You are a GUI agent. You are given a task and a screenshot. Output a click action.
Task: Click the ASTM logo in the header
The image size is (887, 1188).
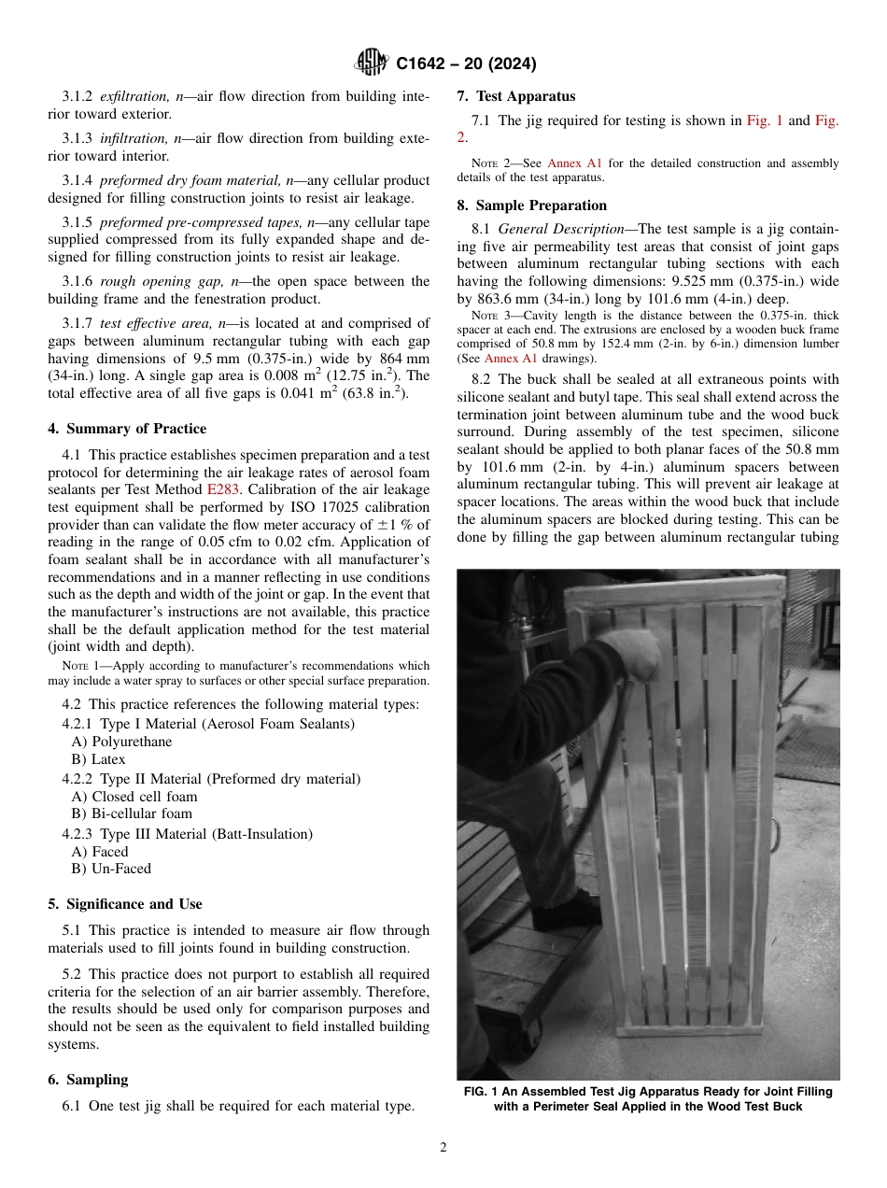(x=372, y=64)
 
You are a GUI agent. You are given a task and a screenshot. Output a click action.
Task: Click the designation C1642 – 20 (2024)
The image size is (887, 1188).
(x=466, y=64)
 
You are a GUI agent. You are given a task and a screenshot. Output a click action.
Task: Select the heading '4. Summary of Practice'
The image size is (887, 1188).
(x=127, y=429)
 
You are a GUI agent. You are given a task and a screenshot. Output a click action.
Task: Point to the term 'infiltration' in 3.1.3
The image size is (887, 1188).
(x=134, y=138)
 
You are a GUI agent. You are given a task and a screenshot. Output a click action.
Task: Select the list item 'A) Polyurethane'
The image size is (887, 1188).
(x=121, y=742)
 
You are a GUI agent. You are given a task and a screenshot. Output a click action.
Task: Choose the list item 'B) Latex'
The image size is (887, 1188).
(x=98, y=759)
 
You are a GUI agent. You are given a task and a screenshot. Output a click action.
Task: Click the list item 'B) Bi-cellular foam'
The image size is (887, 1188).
(x=132, y=813)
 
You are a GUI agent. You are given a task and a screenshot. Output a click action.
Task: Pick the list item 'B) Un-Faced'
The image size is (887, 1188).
(x=111, y=869)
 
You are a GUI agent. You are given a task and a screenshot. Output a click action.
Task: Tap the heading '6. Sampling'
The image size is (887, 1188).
(x=88, y=1080)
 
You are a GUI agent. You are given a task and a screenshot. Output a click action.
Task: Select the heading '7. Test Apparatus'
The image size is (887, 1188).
(x=516, y=96)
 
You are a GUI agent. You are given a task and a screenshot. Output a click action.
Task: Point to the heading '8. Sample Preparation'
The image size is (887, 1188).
(x=531, y=205)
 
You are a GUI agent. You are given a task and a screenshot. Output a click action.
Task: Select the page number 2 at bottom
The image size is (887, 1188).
(x=443, y=1148)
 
